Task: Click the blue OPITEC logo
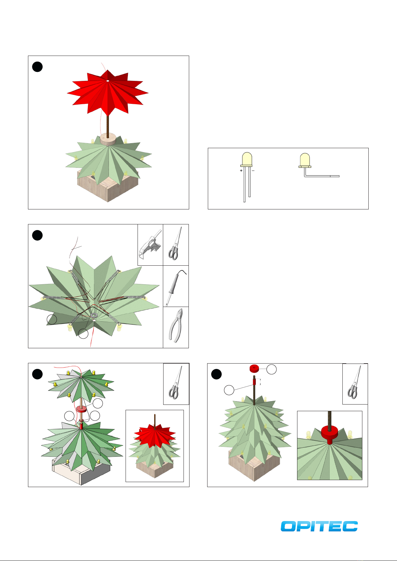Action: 319,526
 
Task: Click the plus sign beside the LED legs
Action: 241,170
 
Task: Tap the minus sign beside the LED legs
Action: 253,170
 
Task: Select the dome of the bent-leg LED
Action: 305,159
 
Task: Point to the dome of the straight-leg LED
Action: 247,158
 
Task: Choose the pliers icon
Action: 176,325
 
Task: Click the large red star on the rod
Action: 108,93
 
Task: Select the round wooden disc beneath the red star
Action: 108,139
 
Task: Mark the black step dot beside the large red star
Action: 37,67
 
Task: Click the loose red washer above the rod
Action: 254,369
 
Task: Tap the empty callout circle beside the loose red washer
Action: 271,370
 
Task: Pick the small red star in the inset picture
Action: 155,435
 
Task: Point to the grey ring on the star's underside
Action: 94,315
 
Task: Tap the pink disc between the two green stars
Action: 81,410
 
